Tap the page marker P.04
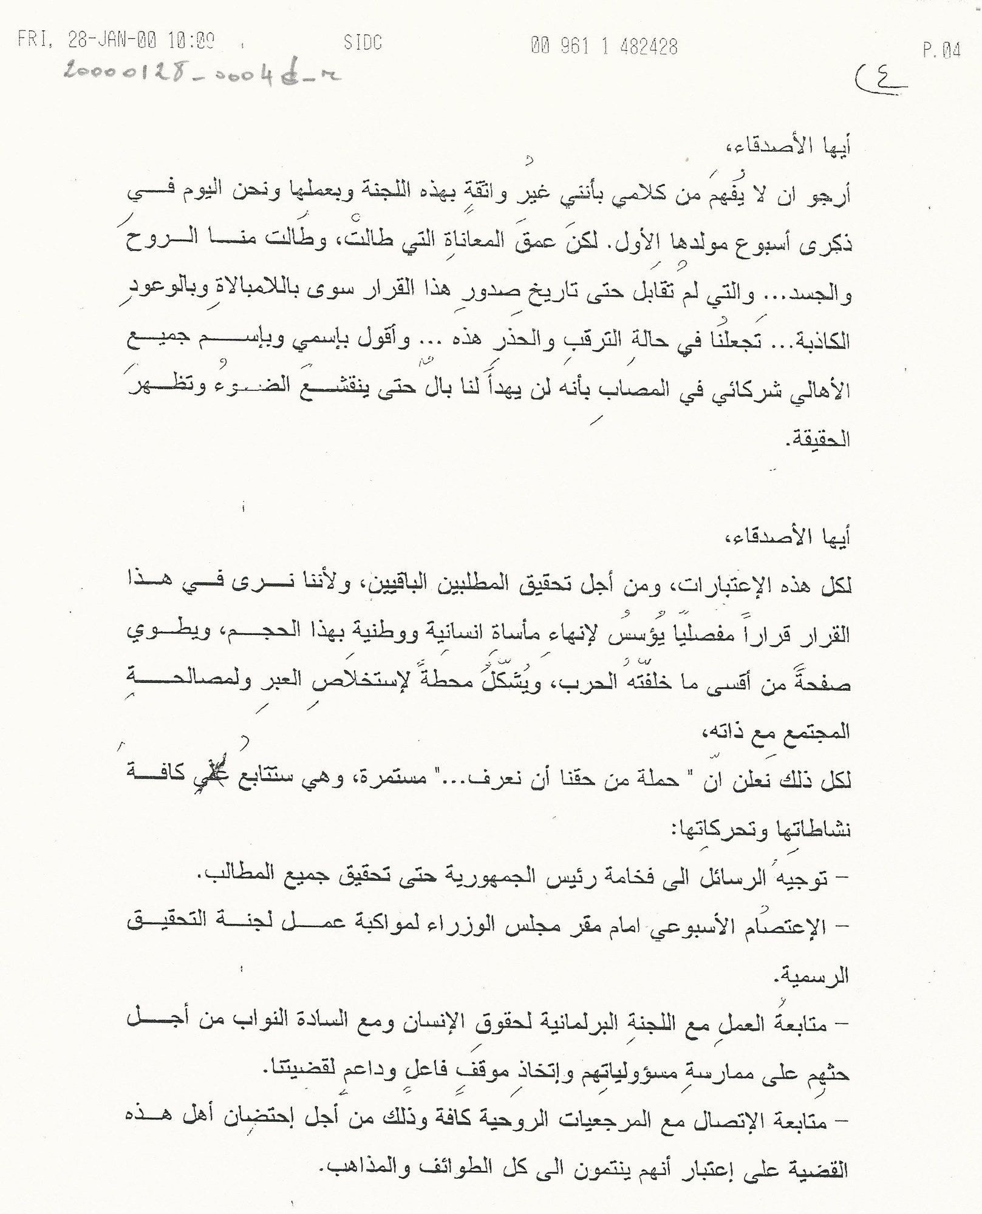941,51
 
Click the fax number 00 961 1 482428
604,46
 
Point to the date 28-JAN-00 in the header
112,41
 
